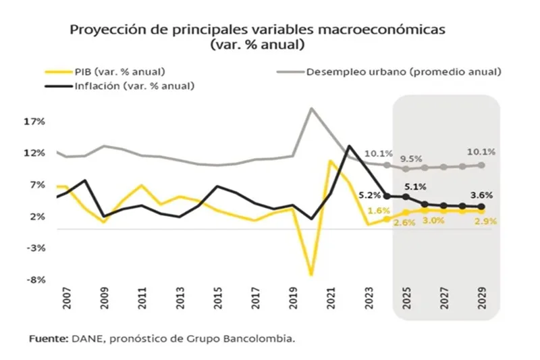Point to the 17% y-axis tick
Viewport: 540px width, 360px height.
(34, 122)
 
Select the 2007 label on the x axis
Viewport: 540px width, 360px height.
(67, 301)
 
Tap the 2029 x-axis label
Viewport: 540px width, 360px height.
(482, 301)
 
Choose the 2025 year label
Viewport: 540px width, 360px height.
(406, 301)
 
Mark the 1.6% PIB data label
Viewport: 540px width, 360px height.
(379, 211)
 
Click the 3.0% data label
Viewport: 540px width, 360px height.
(435, 221)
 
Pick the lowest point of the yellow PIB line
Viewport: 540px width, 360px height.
(311, 274)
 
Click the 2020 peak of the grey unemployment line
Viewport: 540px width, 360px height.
(311, 108)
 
